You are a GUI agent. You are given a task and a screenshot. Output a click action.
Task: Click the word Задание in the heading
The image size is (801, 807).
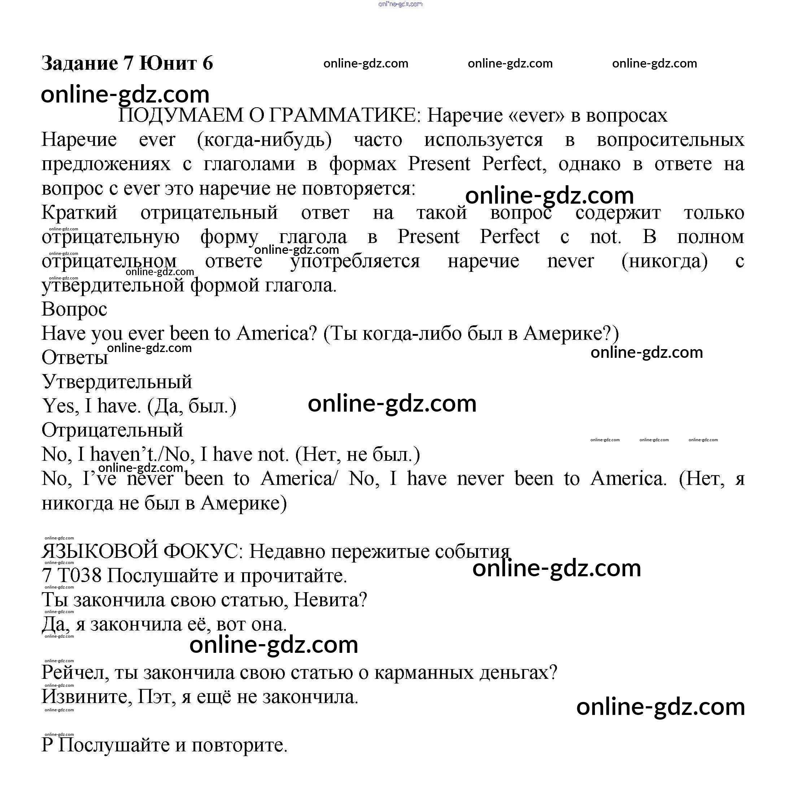(80, 64)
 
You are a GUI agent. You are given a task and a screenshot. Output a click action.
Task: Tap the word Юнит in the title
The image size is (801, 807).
(167, 64)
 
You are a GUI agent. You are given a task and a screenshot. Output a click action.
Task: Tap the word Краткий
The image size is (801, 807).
(79, 213)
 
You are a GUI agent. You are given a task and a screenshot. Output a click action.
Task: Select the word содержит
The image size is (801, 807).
(618, 213)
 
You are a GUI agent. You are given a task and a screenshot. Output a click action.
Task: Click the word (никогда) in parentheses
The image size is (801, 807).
(665, 261)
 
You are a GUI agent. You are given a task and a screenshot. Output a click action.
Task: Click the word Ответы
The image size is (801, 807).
(75, 357)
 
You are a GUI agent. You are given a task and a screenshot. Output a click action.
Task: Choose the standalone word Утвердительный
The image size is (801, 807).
(117, 382)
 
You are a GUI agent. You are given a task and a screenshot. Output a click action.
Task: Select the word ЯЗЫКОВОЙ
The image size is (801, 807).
(99, 552)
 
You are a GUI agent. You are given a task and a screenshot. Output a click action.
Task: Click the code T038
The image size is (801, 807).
(79, 576)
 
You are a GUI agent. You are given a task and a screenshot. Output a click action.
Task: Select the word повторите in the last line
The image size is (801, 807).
(239, 746)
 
